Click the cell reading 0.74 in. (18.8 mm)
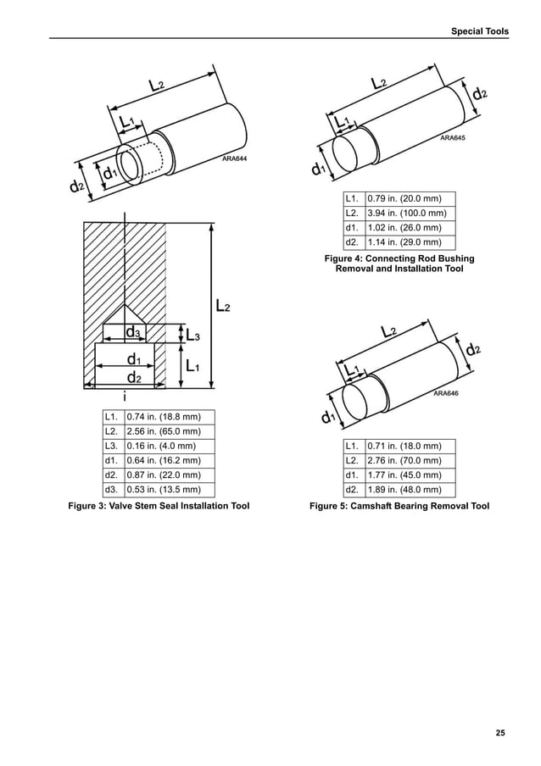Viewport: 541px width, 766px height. pos(163,417)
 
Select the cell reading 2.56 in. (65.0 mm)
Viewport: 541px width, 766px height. pos(163,431)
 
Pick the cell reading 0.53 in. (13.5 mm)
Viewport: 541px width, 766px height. pos(163,489)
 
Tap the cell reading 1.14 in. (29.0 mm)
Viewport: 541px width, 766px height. pos(404,241)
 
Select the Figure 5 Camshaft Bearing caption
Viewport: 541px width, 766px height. pos(399,507)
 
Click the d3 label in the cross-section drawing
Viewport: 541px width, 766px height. pos(133,332)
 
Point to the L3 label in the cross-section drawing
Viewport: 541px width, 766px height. pos(192,336)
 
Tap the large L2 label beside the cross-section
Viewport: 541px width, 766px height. pos(222,305)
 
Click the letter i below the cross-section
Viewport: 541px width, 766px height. pos(125,396)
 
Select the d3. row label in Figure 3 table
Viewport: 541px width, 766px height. pos(111,489)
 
